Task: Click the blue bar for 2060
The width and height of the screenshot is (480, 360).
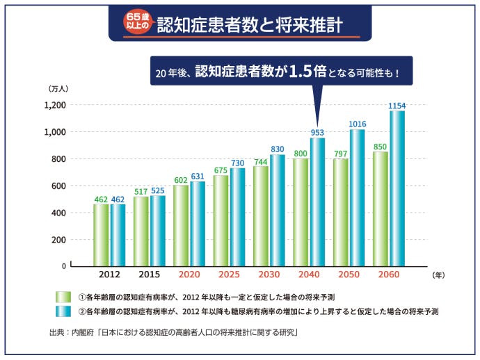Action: point(397,188)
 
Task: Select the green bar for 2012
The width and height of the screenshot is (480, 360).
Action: point(101,235)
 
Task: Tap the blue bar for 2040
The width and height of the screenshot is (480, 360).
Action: point(317,202)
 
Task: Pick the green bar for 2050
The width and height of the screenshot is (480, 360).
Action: point(340,212)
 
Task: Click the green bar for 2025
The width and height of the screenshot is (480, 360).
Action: point(221,220)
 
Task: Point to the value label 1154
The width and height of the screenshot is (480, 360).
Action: point(397,106)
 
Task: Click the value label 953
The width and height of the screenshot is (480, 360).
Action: point(317,132)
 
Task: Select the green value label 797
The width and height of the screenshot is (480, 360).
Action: point(340,153)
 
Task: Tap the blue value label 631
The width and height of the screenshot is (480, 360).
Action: point(198,176)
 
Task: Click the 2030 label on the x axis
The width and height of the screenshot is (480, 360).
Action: point(269,275)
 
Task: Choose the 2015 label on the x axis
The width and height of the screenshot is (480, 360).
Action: point(150,275)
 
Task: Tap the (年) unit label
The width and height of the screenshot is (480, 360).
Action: point(438,275)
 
